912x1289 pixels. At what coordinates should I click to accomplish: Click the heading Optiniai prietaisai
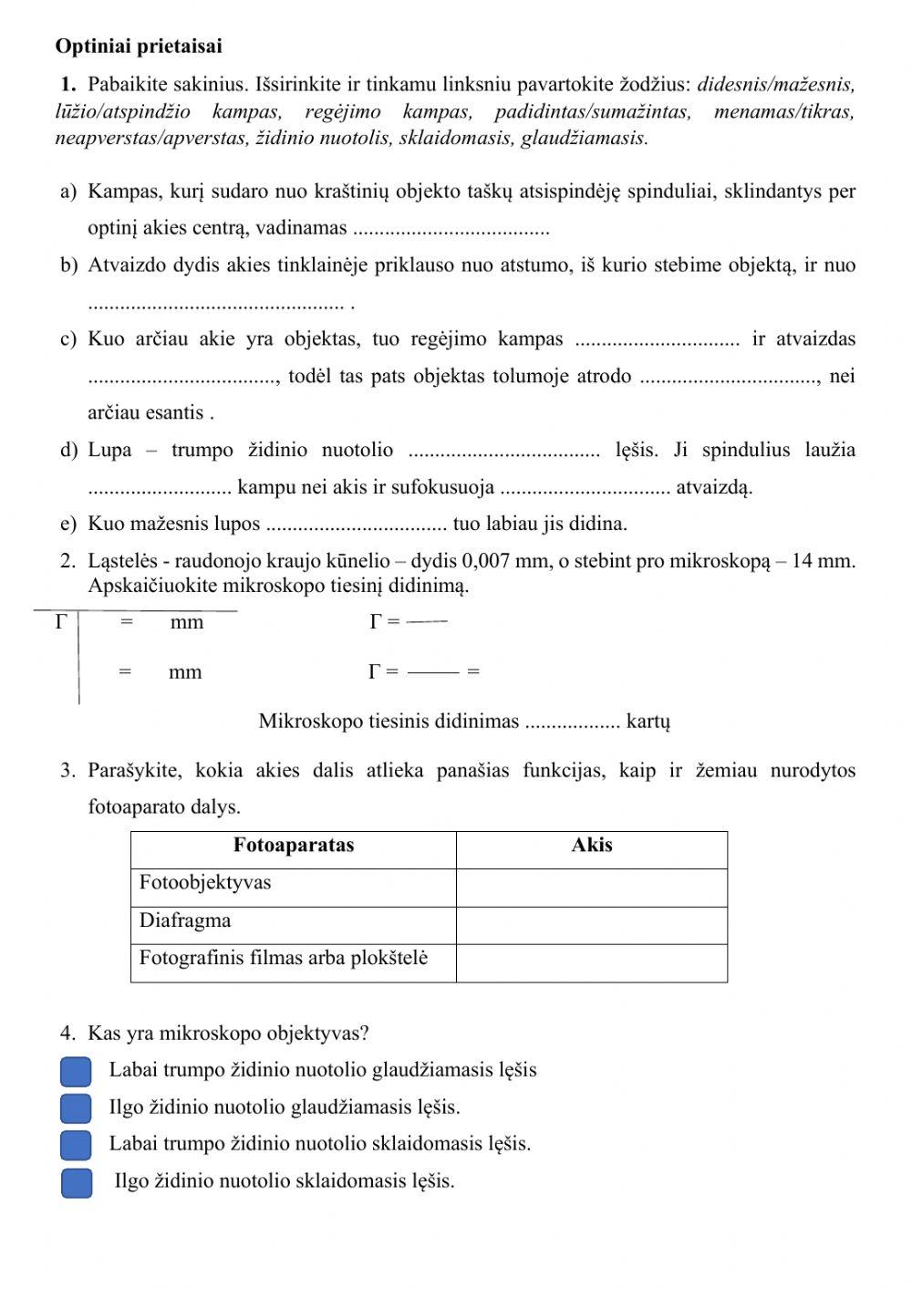click(139, 46)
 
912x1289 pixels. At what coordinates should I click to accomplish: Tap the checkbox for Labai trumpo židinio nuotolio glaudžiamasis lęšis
click(77, 1071)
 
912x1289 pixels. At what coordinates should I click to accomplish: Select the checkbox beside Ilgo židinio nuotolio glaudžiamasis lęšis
click(77, 1107)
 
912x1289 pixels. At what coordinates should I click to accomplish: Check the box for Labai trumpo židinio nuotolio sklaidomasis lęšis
click(77, 1144)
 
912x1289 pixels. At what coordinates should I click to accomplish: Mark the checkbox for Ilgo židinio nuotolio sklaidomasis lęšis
click(77, 1181)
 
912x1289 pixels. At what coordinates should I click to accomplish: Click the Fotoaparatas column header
click(293, 846)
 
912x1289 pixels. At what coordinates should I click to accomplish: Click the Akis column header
click(591, 846)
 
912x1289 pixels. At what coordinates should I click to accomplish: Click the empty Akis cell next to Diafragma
click(591, 924)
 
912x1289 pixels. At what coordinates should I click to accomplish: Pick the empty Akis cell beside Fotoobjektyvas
click(591, 887)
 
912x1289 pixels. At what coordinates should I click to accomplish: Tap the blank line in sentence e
click(357, 525)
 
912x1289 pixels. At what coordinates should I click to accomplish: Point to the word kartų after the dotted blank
click(648, 722)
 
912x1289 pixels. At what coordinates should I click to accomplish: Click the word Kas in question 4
click(102, 1034)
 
